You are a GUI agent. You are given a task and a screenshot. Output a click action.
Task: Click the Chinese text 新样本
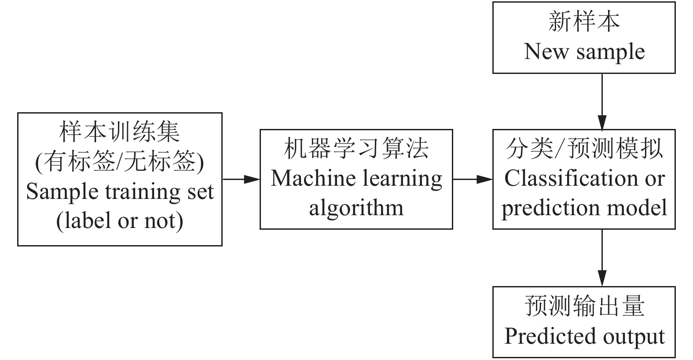(584, 22)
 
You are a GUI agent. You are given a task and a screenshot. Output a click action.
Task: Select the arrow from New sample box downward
(602, 101)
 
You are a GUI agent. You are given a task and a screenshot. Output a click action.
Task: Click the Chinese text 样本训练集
(120, 132)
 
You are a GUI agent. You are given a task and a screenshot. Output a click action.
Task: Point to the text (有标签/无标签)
(120, 162)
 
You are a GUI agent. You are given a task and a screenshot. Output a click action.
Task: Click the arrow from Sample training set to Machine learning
(241, 179)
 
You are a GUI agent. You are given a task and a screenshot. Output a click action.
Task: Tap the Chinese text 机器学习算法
(356, 149)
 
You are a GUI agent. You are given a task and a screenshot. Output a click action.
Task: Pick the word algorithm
(356, 208)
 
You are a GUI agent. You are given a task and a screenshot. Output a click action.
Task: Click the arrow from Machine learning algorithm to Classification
(473, 179)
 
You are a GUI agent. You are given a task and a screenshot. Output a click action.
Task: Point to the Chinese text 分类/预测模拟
(584, 149)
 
